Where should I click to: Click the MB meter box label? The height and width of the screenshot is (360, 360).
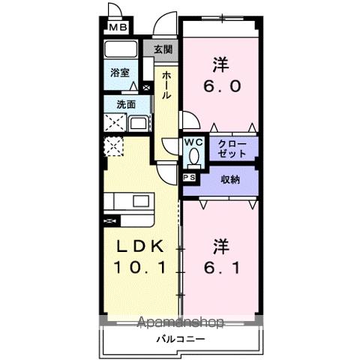point(119,28)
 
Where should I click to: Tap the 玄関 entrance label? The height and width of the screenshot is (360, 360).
point(164,49)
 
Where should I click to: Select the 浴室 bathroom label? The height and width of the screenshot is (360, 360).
point(120,73)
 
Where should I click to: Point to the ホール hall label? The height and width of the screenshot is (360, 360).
point(166,87)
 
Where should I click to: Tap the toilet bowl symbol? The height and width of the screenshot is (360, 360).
point(194,157)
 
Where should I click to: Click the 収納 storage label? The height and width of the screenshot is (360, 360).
point(230,179)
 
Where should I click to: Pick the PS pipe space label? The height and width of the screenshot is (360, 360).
point(188,178)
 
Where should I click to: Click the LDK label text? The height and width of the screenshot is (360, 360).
point(142,246)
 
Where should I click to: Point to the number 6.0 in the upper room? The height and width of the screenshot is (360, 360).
point(220,85)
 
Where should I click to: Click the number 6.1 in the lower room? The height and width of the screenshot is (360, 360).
point(220,266)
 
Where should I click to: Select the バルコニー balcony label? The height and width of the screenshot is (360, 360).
point(181,339)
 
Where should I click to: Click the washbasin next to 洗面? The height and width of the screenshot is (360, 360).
point(138,124)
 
